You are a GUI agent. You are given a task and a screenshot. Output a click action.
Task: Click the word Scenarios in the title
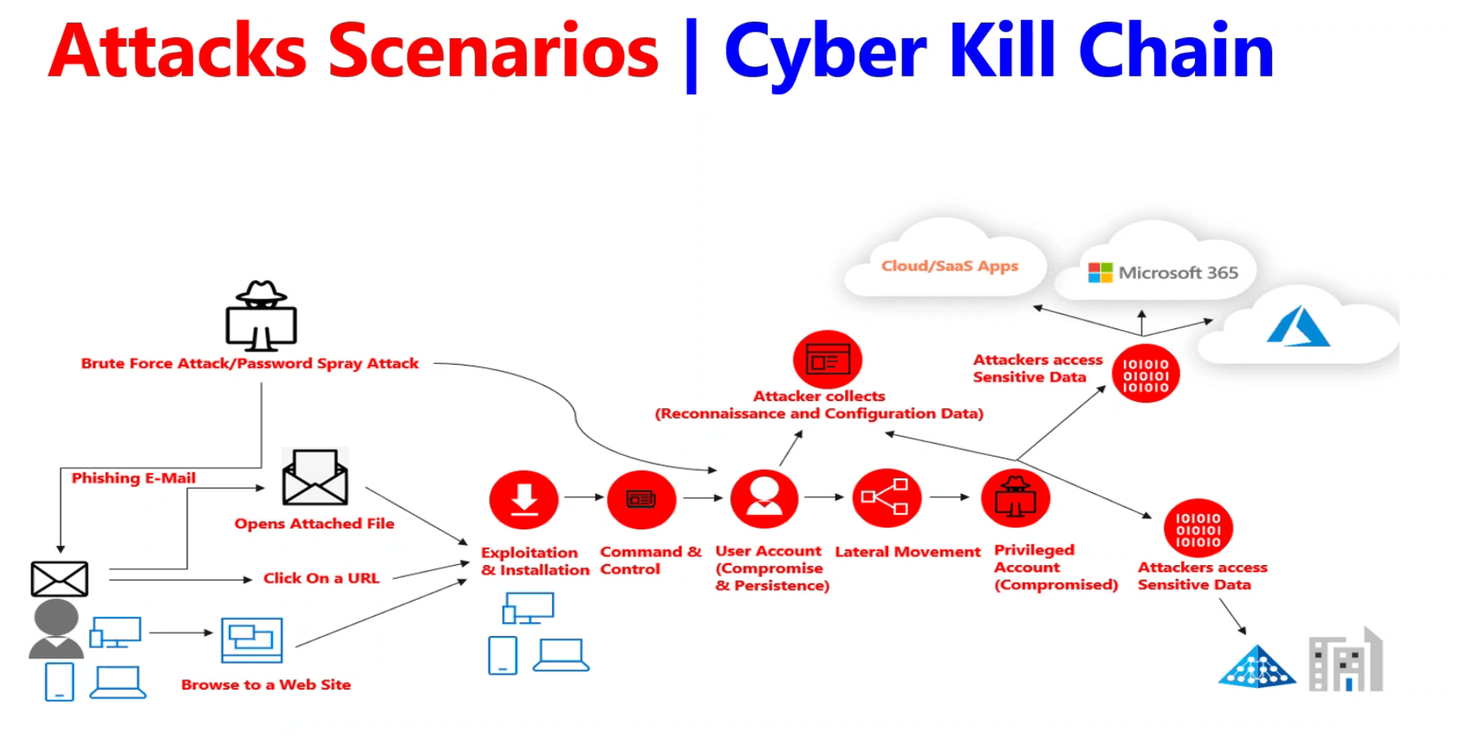coord(493,51)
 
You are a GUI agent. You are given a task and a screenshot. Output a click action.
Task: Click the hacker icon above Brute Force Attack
coord(261,315)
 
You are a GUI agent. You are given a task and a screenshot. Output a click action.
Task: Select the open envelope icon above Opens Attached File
coord(315,477)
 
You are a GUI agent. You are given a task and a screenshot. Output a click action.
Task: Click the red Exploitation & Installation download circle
coord(524,499)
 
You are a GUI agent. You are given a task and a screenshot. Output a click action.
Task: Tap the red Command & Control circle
coord(642,499)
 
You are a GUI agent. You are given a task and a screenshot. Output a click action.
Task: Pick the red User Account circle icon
coord(764,498)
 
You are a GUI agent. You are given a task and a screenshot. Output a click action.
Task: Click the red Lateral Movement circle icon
coord(887,498)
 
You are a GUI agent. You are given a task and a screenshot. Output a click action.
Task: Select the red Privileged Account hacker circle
coord(1016,498)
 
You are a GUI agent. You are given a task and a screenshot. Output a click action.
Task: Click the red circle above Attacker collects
coord(827,359)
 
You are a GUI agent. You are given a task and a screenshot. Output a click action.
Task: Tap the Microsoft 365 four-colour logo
coord(1100,273)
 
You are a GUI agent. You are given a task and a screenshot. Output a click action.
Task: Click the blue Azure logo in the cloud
coord(1298,326)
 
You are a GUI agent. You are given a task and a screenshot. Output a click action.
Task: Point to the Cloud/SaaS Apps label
coord(950,266)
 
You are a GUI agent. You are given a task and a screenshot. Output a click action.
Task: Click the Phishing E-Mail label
coord(134,478)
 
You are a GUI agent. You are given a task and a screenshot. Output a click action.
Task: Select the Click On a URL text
coord(322,578)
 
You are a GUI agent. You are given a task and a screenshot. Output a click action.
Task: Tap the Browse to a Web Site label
coord(266,685)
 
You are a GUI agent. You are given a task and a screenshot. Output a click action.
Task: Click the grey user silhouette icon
coord(56,629)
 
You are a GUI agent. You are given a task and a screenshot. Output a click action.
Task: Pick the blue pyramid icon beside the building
coord(1257,666)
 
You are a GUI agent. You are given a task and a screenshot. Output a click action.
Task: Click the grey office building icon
coord(1346,659)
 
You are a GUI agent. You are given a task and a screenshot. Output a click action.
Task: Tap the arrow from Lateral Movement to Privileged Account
coord(949,497)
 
